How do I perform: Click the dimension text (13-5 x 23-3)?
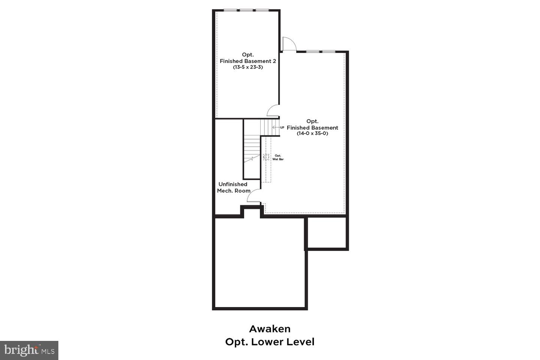click(x=248, y=67)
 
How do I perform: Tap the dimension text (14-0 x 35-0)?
click(x=312, y=133)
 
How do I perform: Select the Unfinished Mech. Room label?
click(x=233, y=187)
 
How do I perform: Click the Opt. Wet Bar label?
click(x=278, y=157)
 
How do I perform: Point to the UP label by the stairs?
click(x=282, y=127)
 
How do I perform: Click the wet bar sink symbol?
click(x=266, y=157)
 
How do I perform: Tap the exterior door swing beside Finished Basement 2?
click(x=289, y=44)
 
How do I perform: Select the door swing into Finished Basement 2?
click(x=273, y=111)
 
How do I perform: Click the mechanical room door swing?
click(x=253, y=195)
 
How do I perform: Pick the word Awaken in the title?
click(x=270, y=329)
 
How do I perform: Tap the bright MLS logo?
click(x=29, y=350)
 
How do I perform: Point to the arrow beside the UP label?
click(x=276, y=127)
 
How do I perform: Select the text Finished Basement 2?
click(x=248, y=61)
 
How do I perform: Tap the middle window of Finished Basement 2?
click(x=246, y=10)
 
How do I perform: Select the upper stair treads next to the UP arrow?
click(x=270, y=127)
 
